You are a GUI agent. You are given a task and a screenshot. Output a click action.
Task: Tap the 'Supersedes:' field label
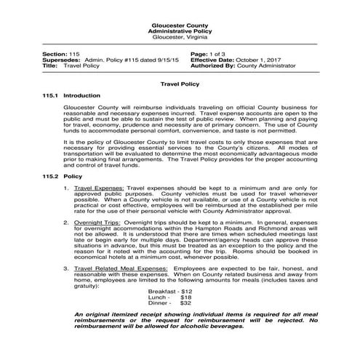pyautogui.click(x=62, y=60)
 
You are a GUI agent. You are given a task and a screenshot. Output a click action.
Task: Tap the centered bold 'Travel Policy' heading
pyautogui.click(x=179, y=84)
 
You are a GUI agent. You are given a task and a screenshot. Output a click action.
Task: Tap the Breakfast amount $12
pyautogui.click(x=186, y=291)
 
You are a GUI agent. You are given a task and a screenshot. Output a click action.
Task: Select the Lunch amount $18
pyautogui.click(x=186, y=297)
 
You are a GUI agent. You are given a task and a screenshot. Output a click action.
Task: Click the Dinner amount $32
pyautogui.click(x=186, y=303)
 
